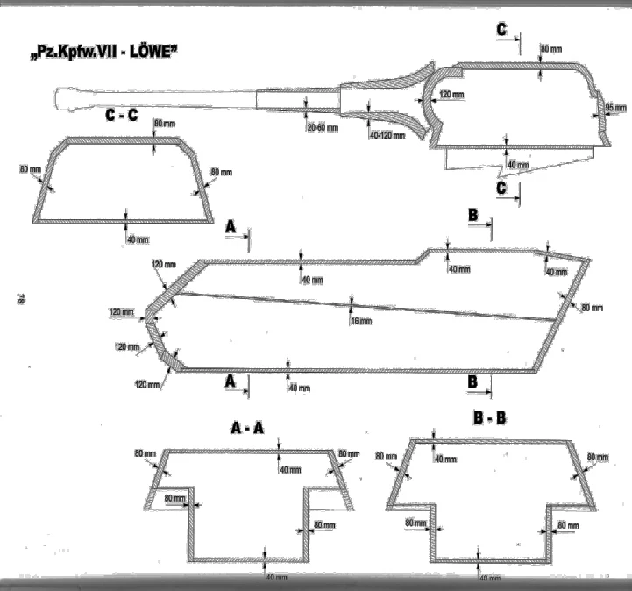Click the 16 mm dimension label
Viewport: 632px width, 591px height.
coord(359,321)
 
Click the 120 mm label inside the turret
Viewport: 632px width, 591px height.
coord(451,94)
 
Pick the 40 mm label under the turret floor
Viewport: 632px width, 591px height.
coord(518,165)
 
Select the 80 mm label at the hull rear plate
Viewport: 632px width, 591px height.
coord(592,306)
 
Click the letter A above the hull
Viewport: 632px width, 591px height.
coord(231,226)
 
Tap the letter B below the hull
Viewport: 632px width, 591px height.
coord(472,381)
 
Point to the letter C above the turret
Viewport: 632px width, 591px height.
coord(501,30)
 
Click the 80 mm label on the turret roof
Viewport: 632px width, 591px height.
coord(552,48)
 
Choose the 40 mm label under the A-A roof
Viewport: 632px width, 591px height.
coord(290,469)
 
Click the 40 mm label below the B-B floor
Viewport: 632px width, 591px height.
coord(490,578)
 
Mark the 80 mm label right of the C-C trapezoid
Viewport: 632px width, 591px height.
coord(221,172)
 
